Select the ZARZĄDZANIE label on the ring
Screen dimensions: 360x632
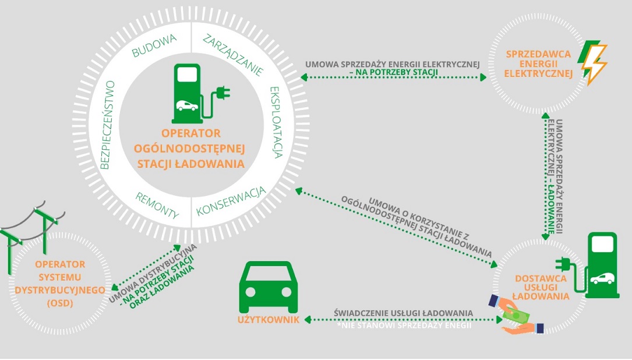point(234,55)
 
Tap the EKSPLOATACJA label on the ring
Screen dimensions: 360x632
point(276,122)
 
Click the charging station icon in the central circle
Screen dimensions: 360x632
point(188,91)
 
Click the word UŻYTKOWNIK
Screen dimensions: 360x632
point(269,320)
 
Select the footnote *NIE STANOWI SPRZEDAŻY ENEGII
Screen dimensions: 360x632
point(404,325)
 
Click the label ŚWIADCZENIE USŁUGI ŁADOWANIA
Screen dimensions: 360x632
point(404,313)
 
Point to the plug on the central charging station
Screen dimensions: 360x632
point(223,93)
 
